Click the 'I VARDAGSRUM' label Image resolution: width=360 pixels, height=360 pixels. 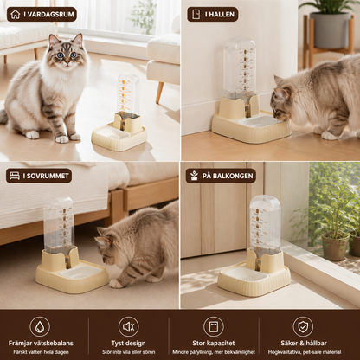(42, 15)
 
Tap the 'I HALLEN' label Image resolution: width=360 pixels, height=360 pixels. (213, 15)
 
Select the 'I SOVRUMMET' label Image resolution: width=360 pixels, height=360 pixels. (39, 176)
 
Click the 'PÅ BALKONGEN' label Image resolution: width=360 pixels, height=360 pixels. (221, 176)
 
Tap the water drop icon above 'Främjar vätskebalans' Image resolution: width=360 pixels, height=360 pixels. (40, 327)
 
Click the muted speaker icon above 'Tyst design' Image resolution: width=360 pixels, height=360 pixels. (128, 327)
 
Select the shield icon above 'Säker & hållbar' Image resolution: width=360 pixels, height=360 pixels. (303, 327)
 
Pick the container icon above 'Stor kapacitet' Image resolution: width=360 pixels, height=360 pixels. (214, 327)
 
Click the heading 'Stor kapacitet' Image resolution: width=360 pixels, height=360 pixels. (214, 344)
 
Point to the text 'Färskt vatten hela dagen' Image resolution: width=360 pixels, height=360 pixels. (41, 352)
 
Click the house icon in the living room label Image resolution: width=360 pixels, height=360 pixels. (16, 15)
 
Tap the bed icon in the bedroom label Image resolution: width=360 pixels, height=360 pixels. (15, 176)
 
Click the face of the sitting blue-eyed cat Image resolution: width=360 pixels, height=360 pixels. (66, 51)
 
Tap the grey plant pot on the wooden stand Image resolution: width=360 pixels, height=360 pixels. (331, 30)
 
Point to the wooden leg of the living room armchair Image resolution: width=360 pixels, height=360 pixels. (159, 93)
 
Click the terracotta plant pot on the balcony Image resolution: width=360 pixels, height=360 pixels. (335, 247)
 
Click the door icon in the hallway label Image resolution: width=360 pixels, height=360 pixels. (196, 15)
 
